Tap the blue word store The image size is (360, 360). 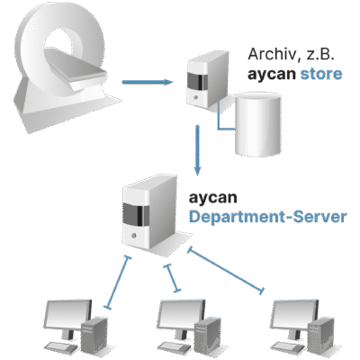click(x=321, y=74)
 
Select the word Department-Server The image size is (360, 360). click(x=267, y=217)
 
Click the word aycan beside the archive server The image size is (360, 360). click(x=272, y=75)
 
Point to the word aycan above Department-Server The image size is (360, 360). click(x=212, y=197)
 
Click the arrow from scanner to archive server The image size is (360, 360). click(x=148, y=82)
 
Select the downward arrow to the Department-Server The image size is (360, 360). click(x=197, y=150)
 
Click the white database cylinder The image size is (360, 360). click(x=258, y=124)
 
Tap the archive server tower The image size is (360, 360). click(x=207, y=79)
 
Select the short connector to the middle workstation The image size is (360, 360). click(x=173, y=278)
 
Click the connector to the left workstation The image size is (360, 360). click(x=118, y=283)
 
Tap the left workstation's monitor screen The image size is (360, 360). click(x=67, y=315)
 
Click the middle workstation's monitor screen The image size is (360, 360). click(x=181, y=315)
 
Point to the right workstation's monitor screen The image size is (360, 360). click(x=294, y=315)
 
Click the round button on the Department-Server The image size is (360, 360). click(x=134, y=235)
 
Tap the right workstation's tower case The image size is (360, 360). click(x=321, y=338)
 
